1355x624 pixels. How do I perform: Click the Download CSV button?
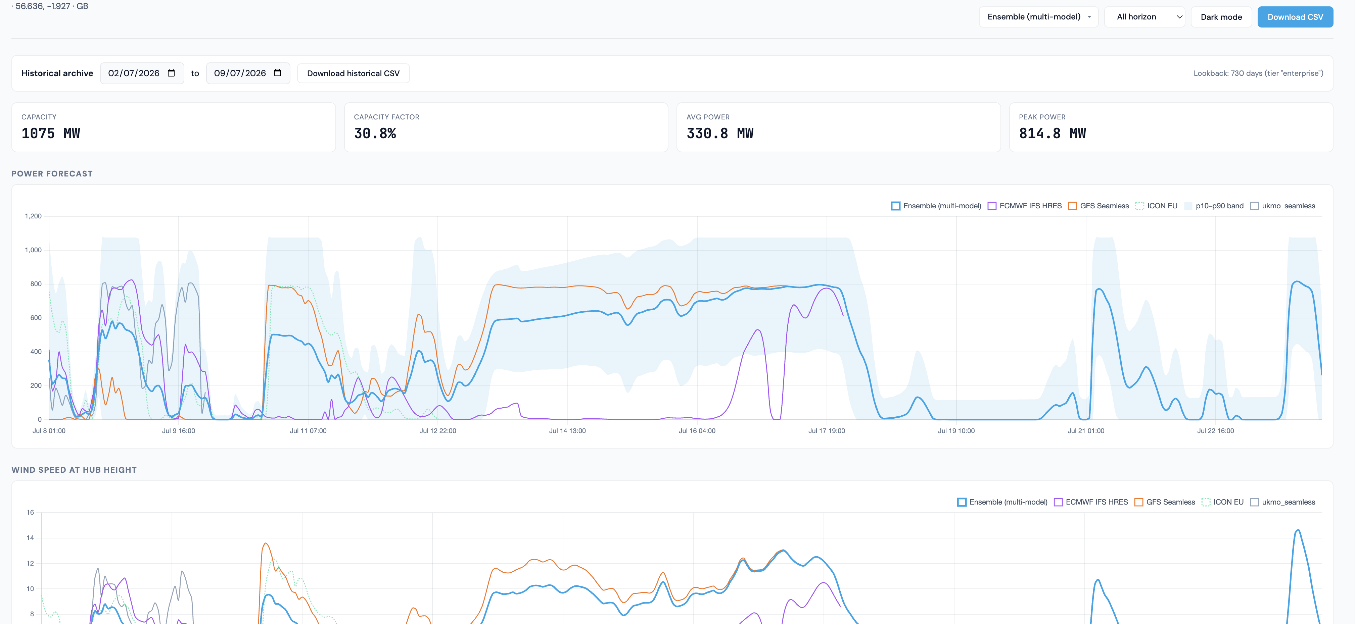[1295, 17]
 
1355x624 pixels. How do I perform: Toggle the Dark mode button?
[1221, 17]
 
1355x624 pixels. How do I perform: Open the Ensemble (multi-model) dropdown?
[1038, 17]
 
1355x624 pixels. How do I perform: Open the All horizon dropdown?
[1144, 17]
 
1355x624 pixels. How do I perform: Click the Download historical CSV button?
[353, 73]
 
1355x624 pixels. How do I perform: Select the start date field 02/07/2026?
[141, 73]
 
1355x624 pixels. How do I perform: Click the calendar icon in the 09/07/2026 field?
[278, 73]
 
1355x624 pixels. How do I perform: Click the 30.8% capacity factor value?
[375, 134]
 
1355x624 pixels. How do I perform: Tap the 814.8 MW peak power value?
[1052, 134]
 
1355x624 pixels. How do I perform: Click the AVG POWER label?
[708, 117]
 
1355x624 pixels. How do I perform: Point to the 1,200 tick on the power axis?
[33, 216]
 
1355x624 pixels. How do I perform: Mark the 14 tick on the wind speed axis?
[30, 538]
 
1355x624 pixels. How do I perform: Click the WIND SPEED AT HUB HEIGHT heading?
[74, 470]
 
